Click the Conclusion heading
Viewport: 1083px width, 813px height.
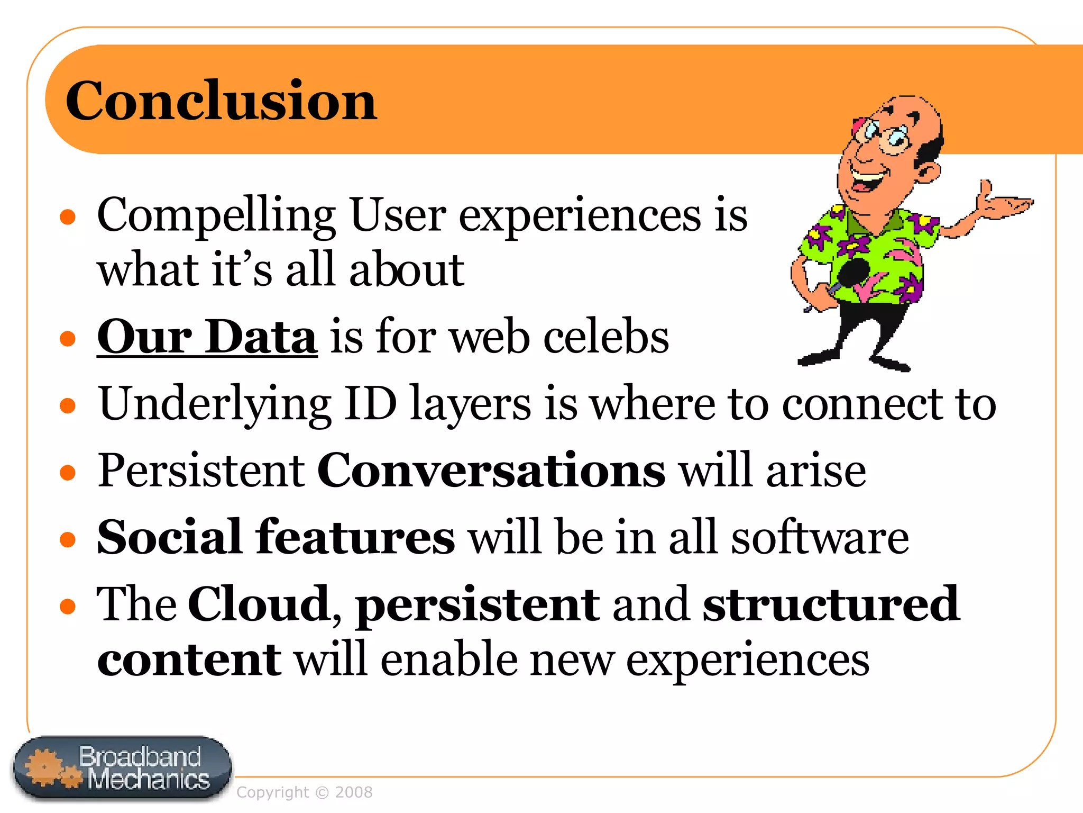221,101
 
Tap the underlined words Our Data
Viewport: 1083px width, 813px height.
207,337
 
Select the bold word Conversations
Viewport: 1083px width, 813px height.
491,470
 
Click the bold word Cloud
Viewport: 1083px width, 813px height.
259,604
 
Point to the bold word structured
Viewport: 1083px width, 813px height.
830,604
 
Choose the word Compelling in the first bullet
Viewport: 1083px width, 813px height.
216,216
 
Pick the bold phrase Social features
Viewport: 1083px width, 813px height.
276,537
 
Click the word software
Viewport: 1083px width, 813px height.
820,537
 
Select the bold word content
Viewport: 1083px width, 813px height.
189,660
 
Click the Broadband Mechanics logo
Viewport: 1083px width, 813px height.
123,767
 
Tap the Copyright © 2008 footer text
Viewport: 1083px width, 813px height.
304,792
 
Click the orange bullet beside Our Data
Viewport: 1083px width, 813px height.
68,338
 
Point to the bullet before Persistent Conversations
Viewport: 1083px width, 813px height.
68,472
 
